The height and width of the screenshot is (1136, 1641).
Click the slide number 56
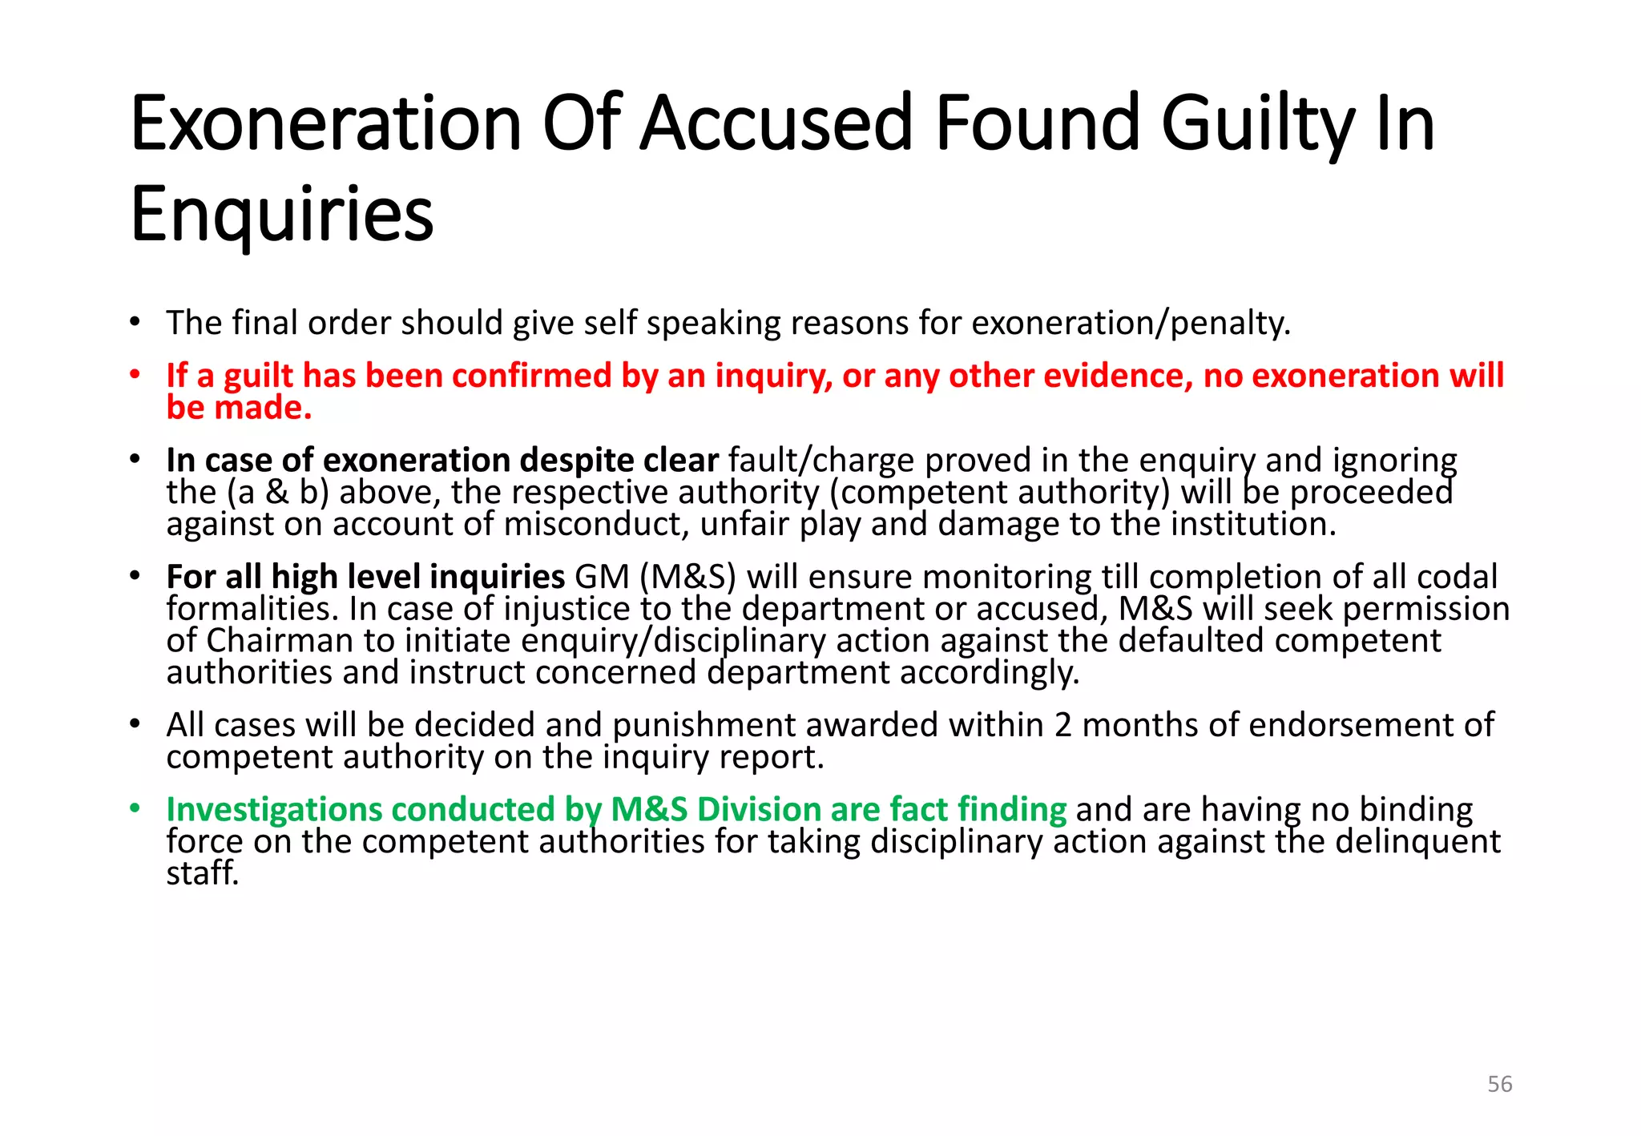click(x=1499, y=1084)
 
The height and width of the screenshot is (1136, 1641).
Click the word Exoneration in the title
click(x=325, y=124)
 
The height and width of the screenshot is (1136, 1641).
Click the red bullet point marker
click(x=135, y=375)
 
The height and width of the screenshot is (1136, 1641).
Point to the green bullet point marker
click(x=135, y=808)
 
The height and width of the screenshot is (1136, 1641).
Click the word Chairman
click(x=280, y=640)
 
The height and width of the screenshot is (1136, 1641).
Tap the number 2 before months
click(x=1062, y=725)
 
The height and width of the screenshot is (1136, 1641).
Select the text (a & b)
click(x=278, y=492)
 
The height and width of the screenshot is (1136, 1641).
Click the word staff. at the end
click(x=203, y=872)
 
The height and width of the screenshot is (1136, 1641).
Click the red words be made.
click(x=239, y=408)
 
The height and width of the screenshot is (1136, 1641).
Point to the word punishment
click(x=704, y=725)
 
